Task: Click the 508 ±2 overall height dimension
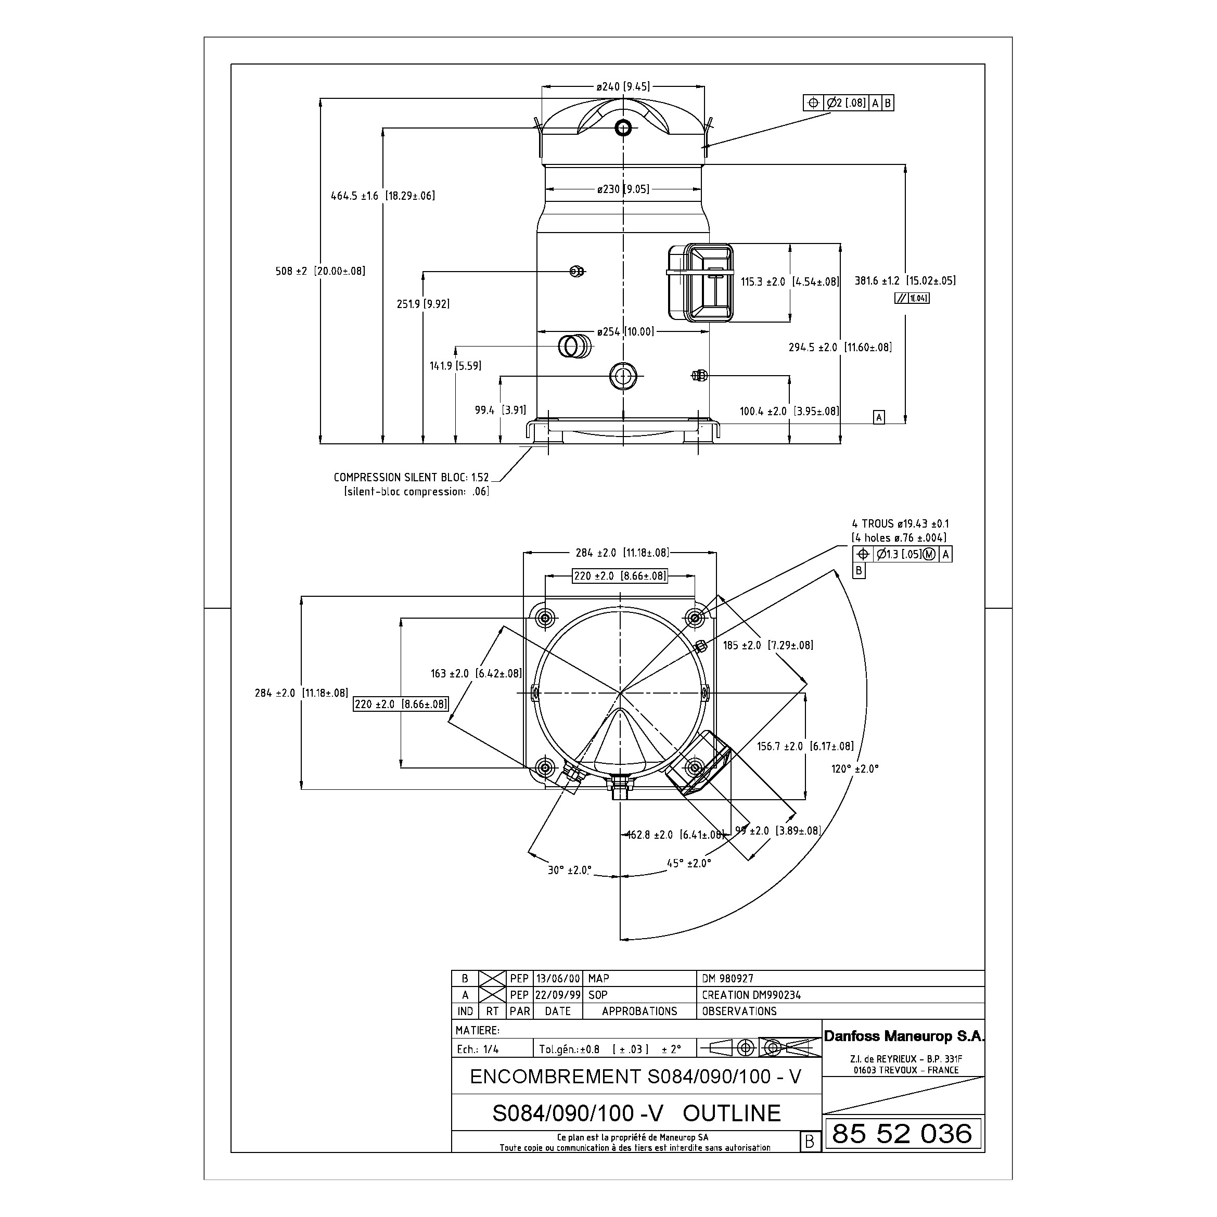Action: coord(320,272)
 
